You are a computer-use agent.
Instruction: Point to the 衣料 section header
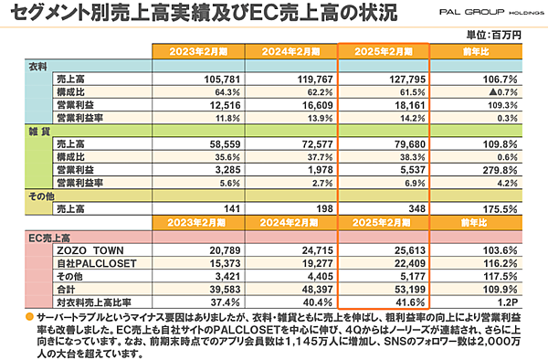click(x=36, y=68)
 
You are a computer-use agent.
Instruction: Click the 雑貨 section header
click(x=36, y=132)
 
